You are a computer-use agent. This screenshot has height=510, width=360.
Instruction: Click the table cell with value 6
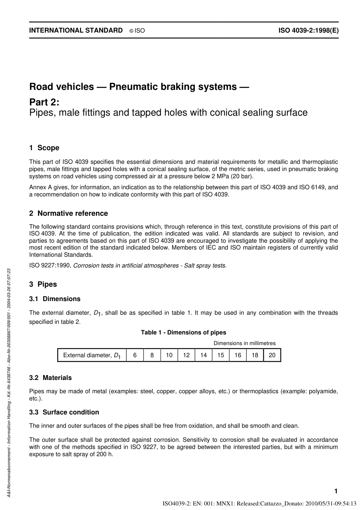click(135, 355)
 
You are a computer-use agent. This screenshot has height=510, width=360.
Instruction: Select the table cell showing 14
click(203, 355)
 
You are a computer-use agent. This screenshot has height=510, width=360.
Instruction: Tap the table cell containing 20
click(272, 355)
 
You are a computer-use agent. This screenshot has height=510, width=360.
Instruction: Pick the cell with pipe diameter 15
click(221, 355)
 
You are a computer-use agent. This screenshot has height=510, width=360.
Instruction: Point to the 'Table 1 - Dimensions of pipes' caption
click(183, 333)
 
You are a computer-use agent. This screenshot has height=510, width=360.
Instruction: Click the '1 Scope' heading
click(44, 148)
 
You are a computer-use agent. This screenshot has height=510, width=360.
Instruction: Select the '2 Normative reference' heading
click(69, 213)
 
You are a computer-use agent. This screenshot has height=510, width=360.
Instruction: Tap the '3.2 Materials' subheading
click(50, 378)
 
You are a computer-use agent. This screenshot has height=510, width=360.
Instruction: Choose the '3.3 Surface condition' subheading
click(64, 412)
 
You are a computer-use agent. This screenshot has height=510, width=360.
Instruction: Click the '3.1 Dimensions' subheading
click(55, 299)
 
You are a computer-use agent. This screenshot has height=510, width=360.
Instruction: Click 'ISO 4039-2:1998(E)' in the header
click(308, 31)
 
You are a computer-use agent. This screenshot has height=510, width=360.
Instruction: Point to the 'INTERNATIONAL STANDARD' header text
click(76, 31)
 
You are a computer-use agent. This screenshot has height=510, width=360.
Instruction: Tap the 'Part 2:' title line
click(44, 102)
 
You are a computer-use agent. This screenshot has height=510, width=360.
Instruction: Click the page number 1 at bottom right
click(336, 491)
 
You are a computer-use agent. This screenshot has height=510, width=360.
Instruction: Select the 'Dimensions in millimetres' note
click(244, 343)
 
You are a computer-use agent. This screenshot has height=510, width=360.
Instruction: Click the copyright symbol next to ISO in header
click(131, 31)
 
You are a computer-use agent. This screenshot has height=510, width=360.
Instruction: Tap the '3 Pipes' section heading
click(43, 284)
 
